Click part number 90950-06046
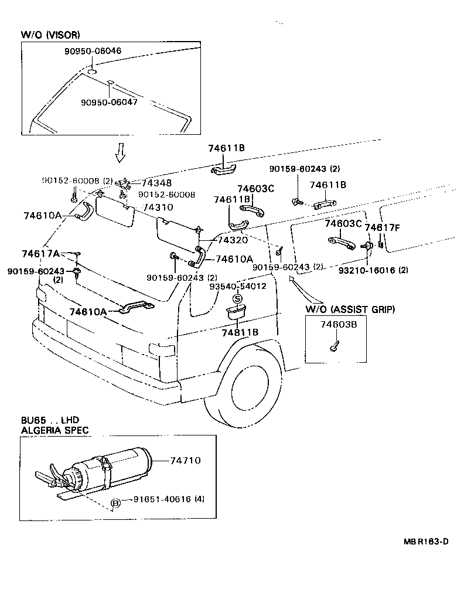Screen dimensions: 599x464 point(93,51)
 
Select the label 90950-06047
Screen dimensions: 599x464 point(109,102)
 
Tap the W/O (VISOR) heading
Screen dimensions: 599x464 point(51,35)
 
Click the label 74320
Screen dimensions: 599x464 point(233,240)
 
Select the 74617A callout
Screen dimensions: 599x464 point(40,253)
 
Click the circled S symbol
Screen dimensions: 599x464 point(237,299)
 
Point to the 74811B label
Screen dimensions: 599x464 point(240,332)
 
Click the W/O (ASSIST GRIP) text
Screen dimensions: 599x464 point(350,309)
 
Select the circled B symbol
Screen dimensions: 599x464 point(116,502)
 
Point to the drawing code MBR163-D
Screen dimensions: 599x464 point(425,541)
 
